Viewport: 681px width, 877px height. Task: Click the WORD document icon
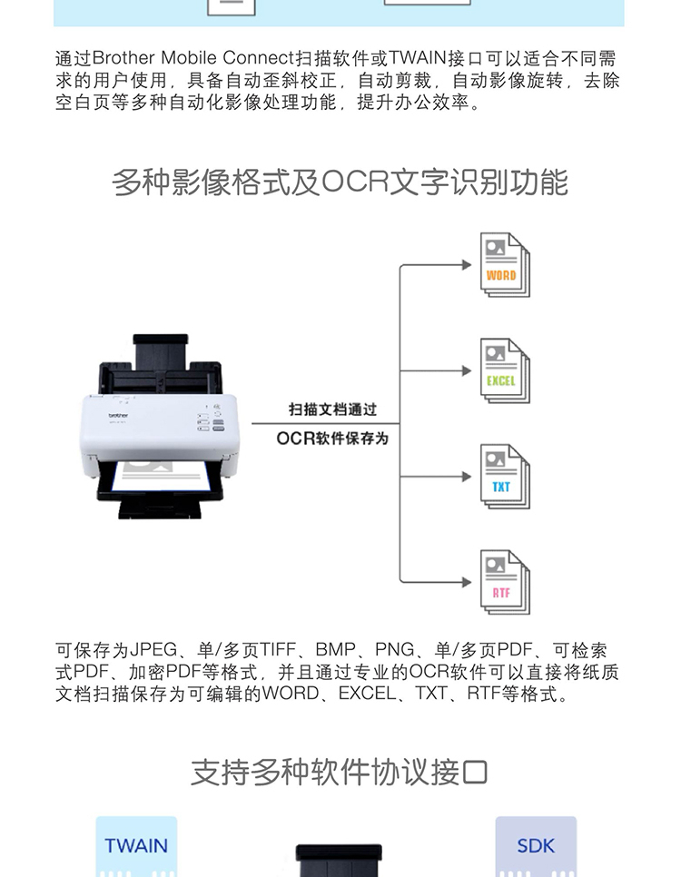pyautogui.click(x=505, y=264)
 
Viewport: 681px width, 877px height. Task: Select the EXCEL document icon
pyautogui.click(x=505, y=370)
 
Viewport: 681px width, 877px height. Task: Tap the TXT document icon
pyautogui.click(x=505, y=476)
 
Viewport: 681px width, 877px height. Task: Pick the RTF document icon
pyautogui.click(x=505, y=582)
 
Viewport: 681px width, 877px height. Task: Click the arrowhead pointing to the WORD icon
pyautogui.click(x=467, y=264)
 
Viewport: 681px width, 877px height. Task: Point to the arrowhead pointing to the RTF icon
pyautogui.click(x=467, y=582)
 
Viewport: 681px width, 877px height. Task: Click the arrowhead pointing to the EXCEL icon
pyautogui.click(x=467, y=370)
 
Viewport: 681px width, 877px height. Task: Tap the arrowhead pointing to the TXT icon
pyautogui.click(x=467, y=477)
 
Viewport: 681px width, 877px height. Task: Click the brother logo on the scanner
pyautogui.click(x=118, y=415)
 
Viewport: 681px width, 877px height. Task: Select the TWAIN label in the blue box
pyautogui.click(x=136, y=846)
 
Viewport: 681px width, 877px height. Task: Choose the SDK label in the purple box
pyautogui.click(x=536, y=846)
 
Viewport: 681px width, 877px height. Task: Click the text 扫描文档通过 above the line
pyautogui.click(x=333, y=409)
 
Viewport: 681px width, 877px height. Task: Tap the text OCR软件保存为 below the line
pyautogui.click(x=332, y=438)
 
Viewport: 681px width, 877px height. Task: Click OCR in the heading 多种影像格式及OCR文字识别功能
pyautogui.click(x=355, y=182)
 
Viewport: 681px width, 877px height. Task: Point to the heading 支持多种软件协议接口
pyautogui.click(x=339, y=773)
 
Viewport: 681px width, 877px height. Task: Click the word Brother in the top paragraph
pyautogui.click(x=123, y=58)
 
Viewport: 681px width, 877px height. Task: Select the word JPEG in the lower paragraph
pyautogui.click(x=153, y=650)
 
